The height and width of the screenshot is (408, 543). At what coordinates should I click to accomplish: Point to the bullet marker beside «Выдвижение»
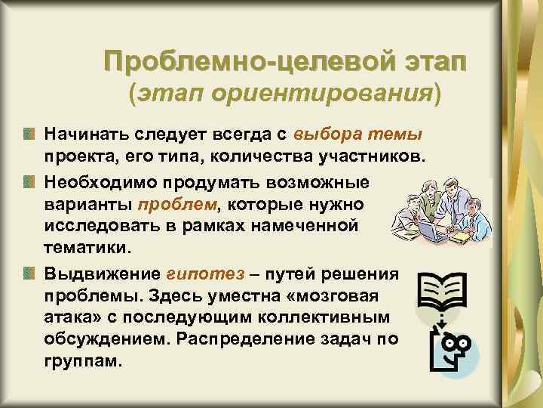tap(29, 273)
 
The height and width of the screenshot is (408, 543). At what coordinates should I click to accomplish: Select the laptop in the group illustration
tap(430, 226)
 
